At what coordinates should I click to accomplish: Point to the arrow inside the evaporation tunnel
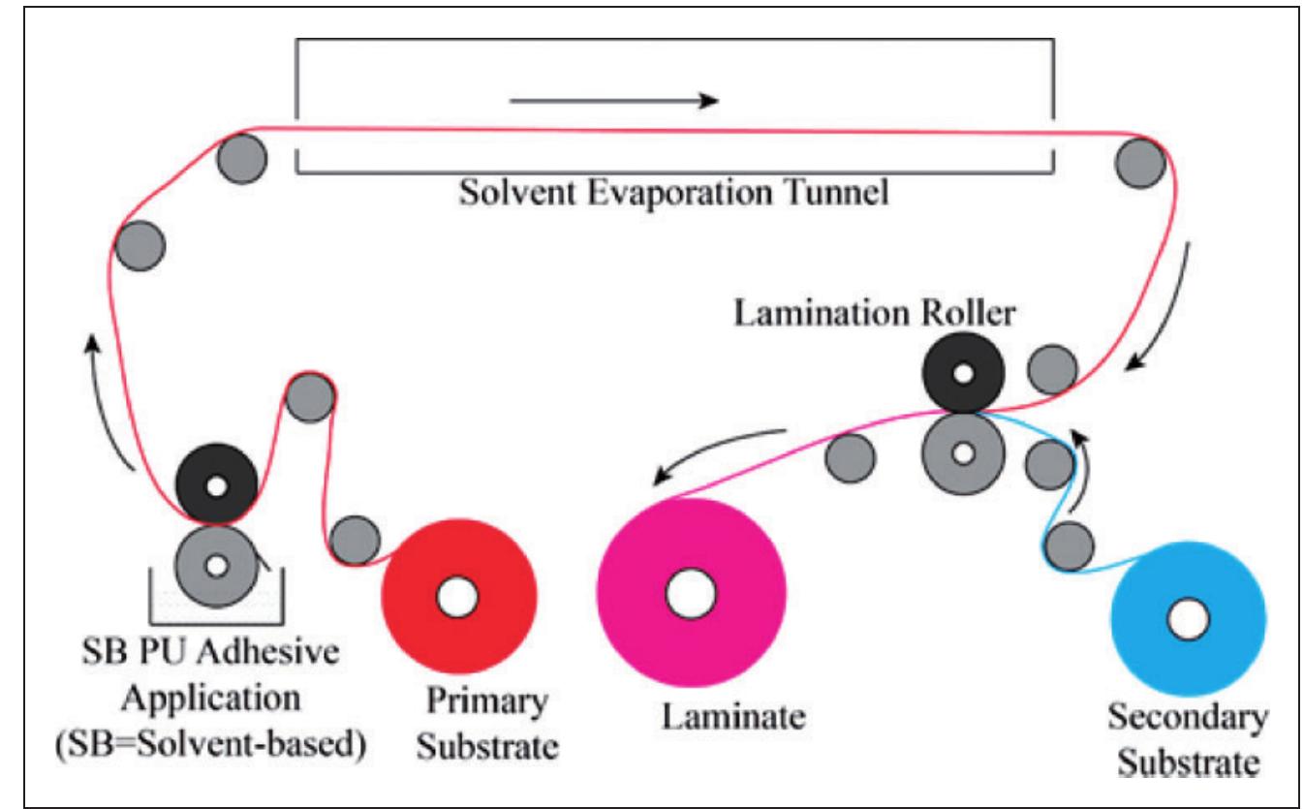pos(614,100)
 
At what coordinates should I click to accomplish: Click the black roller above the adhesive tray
pos(216,485)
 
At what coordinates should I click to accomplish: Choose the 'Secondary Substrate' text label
pos(1185,741)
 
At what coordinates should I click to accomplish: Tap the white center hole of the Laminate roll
pos(691,591)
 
